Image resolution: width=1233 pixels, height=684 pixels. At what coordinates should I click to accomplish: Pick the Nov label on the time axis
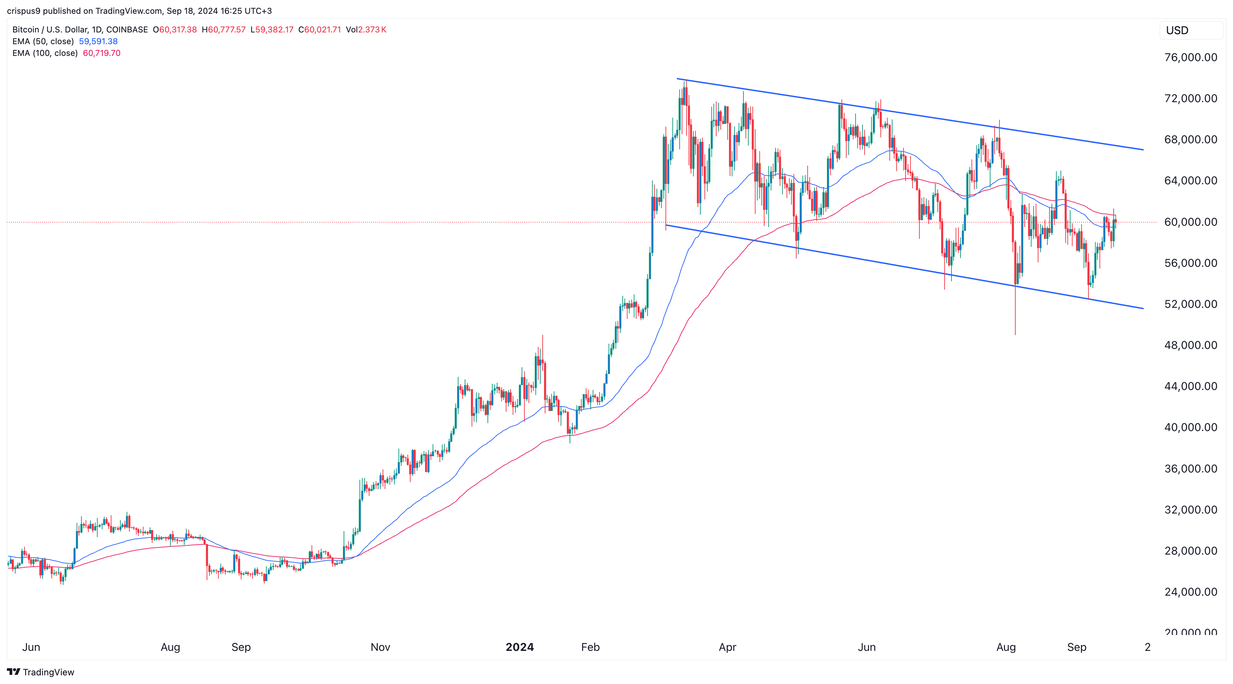(x=380, y=647)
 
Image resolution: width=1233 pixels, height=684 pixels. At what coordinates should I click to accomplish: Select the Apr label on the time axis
(x=727, y=647)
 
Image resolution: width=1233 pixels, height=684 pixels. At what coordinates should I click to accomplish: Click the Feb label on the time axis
(x=590, y=647)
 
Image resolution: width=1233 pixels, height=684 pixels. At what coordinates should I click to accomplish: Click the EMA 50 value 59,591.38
(x=98, y=41)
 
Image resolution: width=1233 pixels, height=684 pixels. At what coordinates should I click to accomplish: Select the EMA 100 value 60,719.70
(x=101, y=53)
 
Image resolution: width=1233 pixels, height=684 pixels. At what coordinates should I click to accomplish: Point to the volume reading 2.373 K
(x=372, y=30)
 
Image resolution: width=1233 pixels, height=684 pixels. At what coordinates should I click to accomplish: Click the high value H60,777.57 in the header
(x=224, y=30)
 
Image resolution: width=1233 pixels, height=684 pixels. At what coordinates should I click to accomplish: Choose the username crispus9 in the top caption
(x=23, y=11)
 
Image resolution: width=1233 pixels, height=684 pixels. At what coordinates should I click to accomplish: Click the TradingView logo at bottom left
(x=41, y=672)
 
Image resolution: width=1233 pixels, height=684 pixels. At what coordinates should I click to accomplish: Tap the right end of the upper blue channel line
(x=1143, y=150)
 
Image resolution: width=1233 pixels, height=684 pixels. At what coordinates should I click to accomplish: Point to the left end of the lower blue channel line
(x=667, y=225)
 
